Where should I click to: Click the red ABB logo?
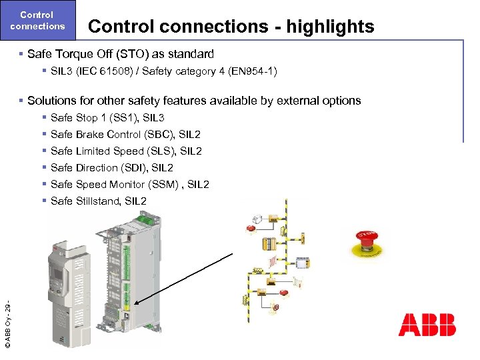[x=427, y=324]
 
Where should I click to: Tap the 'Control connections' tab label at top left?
[x=38, y=20]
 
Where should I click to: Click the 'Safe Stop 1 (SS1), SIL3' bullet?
[x=107, y=118]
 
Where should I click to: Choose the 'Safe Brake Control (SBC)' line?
[x=113, y=135]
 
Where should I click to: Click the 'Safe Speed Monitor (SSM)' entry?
[x=115, y=185]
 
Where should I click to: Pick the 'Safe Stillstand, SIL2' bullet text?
[x=98, y=201]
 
